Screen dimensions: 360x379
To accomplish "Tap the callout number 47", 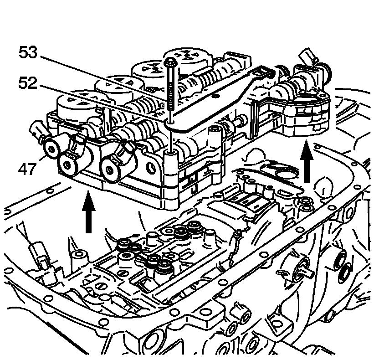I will coord(27,171).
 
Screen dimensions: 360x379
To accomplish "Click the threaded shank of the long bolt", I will coord(170,91).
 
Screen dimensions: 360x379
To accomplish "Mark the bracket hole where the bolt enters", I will coord(170,121).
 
